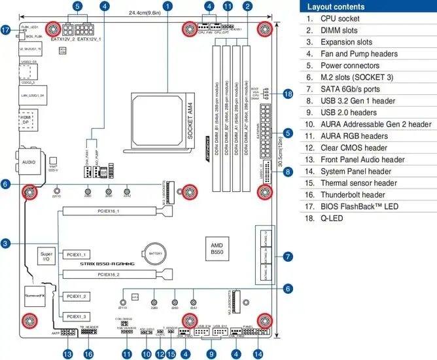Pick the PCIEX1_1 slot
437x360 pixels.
[78, 253]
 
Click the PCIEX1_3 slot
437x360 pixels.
[78, 316]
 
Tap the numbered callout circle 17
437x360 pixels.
[6, 29]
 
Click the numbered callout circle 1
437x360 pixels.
[169, 7]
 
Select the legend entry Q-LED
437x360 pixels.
[331, 218]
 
